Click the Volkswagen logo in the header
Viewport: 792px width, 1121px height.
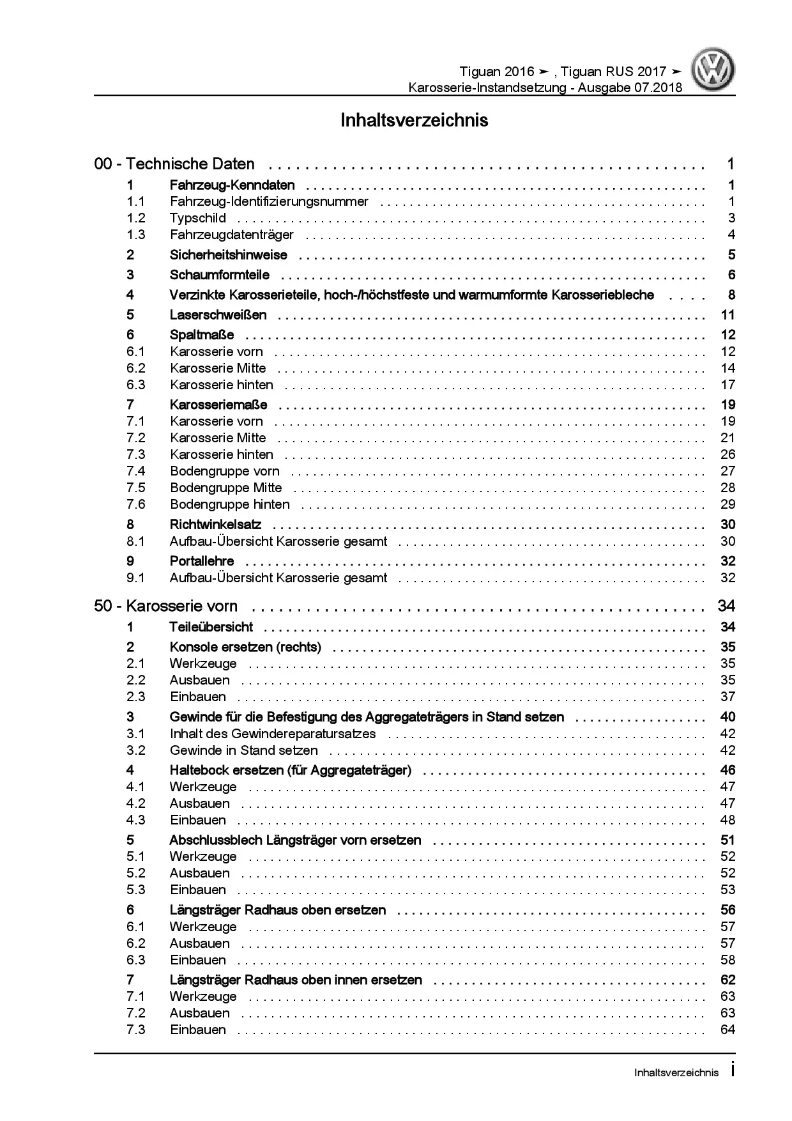715,71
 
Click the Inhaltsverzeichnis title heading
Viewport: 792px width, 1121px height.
414,120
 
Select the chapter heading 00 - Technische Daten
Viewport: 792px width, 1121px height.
174,164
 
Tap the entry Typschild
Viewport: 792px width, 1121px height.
197,218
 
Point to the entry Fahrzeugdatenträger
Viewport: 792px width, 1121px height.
231,235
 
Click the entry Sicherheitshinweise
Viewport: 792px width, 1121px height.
228,255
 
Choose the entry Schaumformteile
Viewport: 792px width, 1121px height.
219,275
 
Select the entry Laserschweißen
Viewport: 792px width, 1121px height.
218,314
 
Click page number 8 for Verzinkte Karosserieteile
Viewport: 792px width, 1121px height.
731,295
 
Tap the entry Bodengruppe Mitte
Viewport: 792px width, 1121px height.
225,488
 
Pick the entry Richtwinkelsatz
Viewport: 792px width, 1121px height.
215,525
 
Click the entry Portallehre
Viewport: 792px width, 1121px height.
201,561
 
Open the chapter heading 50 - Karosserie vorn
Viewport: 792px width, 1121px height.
165,606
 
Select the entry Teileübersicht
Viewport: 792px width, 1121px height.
211,627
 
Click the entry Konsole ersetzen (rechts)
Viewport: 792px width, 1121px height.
245,647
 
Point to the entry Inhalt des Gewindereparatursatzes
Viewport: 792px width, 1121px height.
272,734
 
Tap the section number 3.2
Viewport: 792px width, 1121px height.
135,750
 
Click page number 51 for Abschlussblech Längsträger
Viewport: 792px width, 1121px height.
727,840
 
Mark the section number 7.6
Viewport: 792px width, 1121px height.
135,504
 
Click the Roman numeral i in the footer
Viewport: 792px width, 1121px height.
732,1071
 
